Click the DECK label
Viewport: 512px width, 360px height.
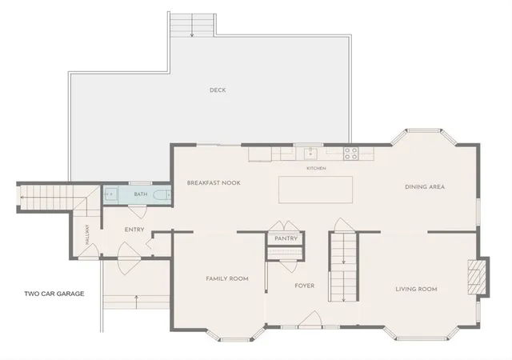[x=218, y=90]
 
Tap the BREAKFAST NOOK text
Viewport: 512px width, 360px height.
[x=214, y=183]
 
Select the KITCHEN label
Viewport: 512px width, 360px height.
[x=316, y=168]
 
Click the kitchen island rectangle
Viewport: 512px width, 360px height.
[x=315, y=190]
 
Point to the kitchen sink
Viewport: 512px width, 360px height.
[x=310, y=154]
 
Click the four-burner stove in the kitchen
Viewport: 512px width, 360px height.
[x=350, y=154]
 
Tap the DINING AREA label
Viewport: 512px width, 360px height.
[x=425, y=187]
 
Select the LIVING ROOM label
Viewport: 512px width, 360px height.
[x=416, y=289]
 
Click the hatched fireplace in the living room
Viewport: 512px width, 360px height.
[x=474, y=277]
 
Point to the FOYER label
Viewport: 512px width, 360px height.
[x=305, y=286]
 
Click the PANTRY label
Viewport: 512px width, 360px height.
[x=286, y=238]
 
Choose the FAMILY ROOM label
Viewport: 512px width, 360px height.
[x=227, y=278]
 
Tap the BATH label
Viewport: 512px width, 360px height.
[x=141, y=194]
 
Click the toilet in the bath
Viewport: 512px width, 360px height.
[x=162, y=195]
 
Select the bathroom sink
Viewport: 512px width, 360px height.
[x=110, y=194]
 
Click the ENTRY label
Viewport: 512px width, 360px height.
[x=134, y=230]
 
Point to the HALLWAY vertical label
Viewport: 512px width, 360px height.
[x=87, y=234]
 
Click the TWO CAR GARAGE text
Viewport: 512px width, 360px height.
[x=54, y=294]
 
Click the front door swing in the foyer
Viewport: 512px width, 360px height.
[x=310, y=318]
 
